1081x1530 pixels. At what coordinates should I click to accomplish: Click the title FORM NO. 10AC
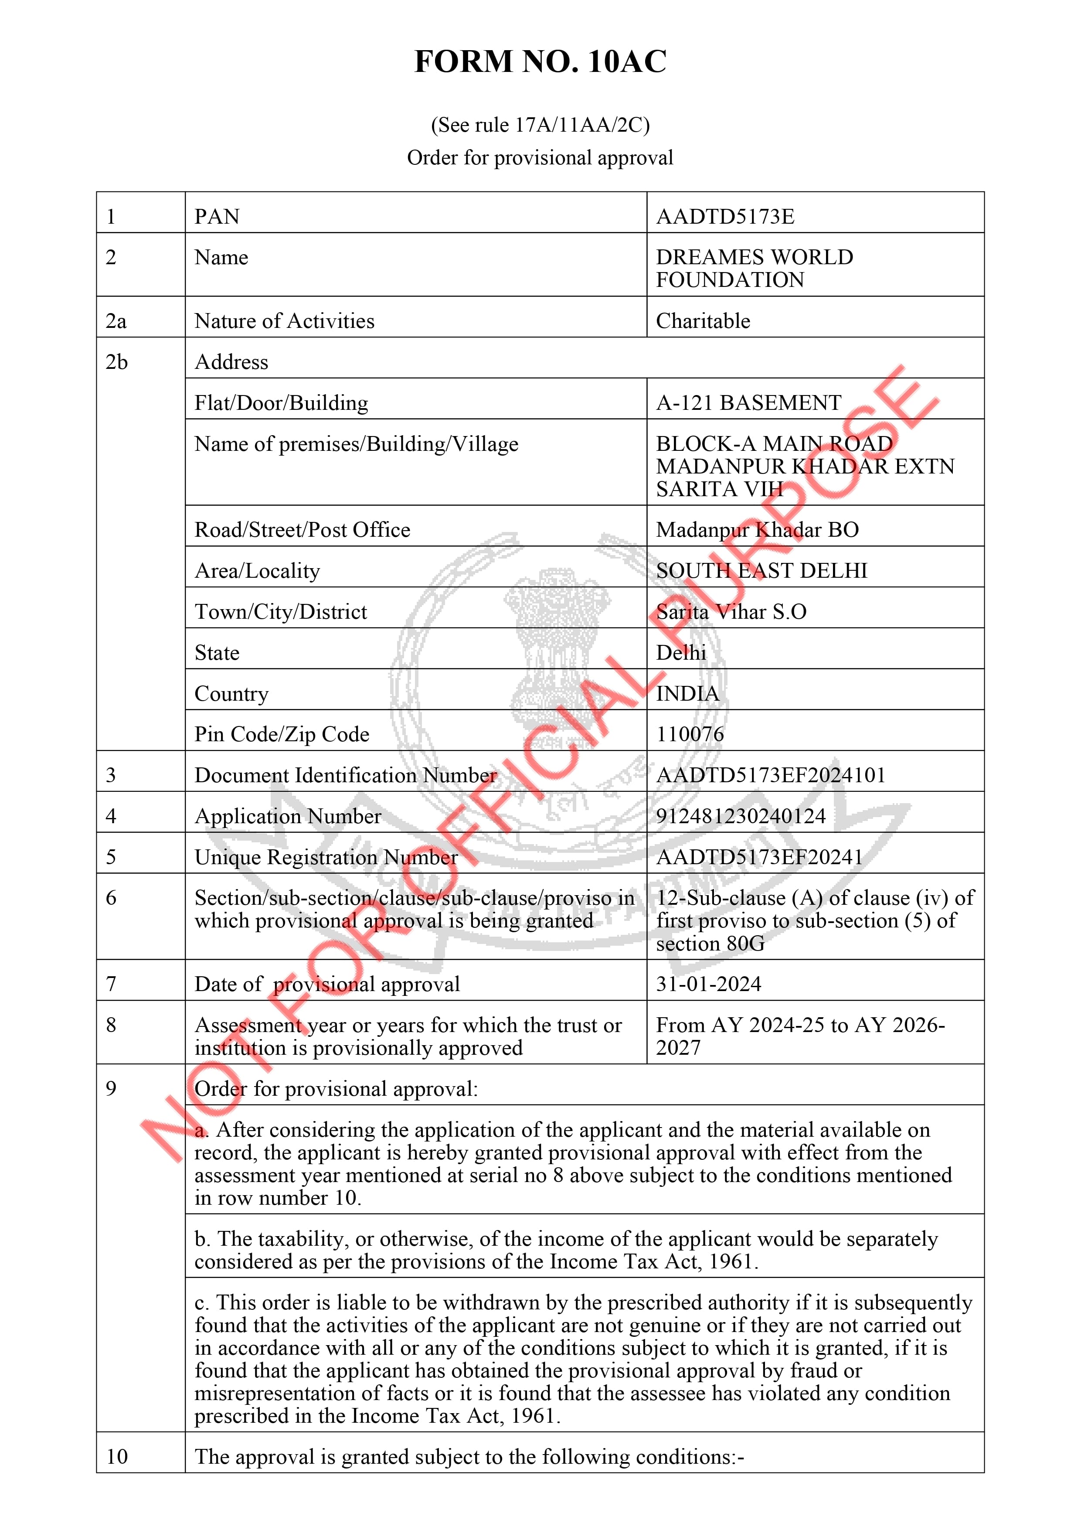click(540, 61)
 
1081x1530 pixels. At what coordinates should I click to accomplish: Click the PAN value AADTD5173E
click(725, 217)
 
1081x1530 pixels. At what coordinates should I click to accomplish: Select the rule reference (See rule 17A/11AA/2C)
click(540, 125)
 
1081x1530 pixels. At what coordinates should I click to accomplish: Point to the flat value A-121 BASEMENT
click(749, 402)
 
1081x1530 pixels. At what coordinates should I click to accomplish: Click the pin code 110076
click(690, 734)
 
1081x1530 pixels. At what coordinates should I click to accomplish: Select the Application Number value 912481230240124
click(741, 816)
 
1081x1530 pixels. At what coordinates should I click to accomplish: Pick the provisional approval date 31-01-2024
click(708, 984)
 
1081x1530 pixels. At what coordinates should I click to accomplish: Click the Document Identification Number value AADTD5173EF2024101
click(771, 775)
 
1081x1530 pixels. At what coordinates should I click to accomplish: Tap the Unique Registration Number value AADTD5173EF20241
click(759, 857)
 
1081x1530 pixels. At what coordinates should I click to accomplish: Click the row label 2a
click(116, 321)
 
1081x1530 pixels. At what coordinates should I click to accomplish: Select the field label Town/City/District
click(280, 612)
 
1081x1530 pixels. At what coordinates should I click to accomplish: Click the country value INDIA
click(687, 694)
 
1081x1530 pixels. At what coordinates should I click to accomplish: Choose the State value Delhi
click(681, 652)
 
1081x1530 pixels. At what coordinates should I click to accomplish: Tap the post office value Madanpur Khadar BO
click(757, 530)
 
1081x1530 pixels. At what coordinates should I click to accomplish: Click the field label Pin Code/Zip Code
click(282, 734)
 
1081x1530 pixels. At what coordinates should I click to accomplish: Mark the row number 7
click(111, 984)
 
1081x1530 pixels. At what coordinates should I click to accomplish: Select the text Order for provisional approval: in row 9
click(336, 1089)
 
